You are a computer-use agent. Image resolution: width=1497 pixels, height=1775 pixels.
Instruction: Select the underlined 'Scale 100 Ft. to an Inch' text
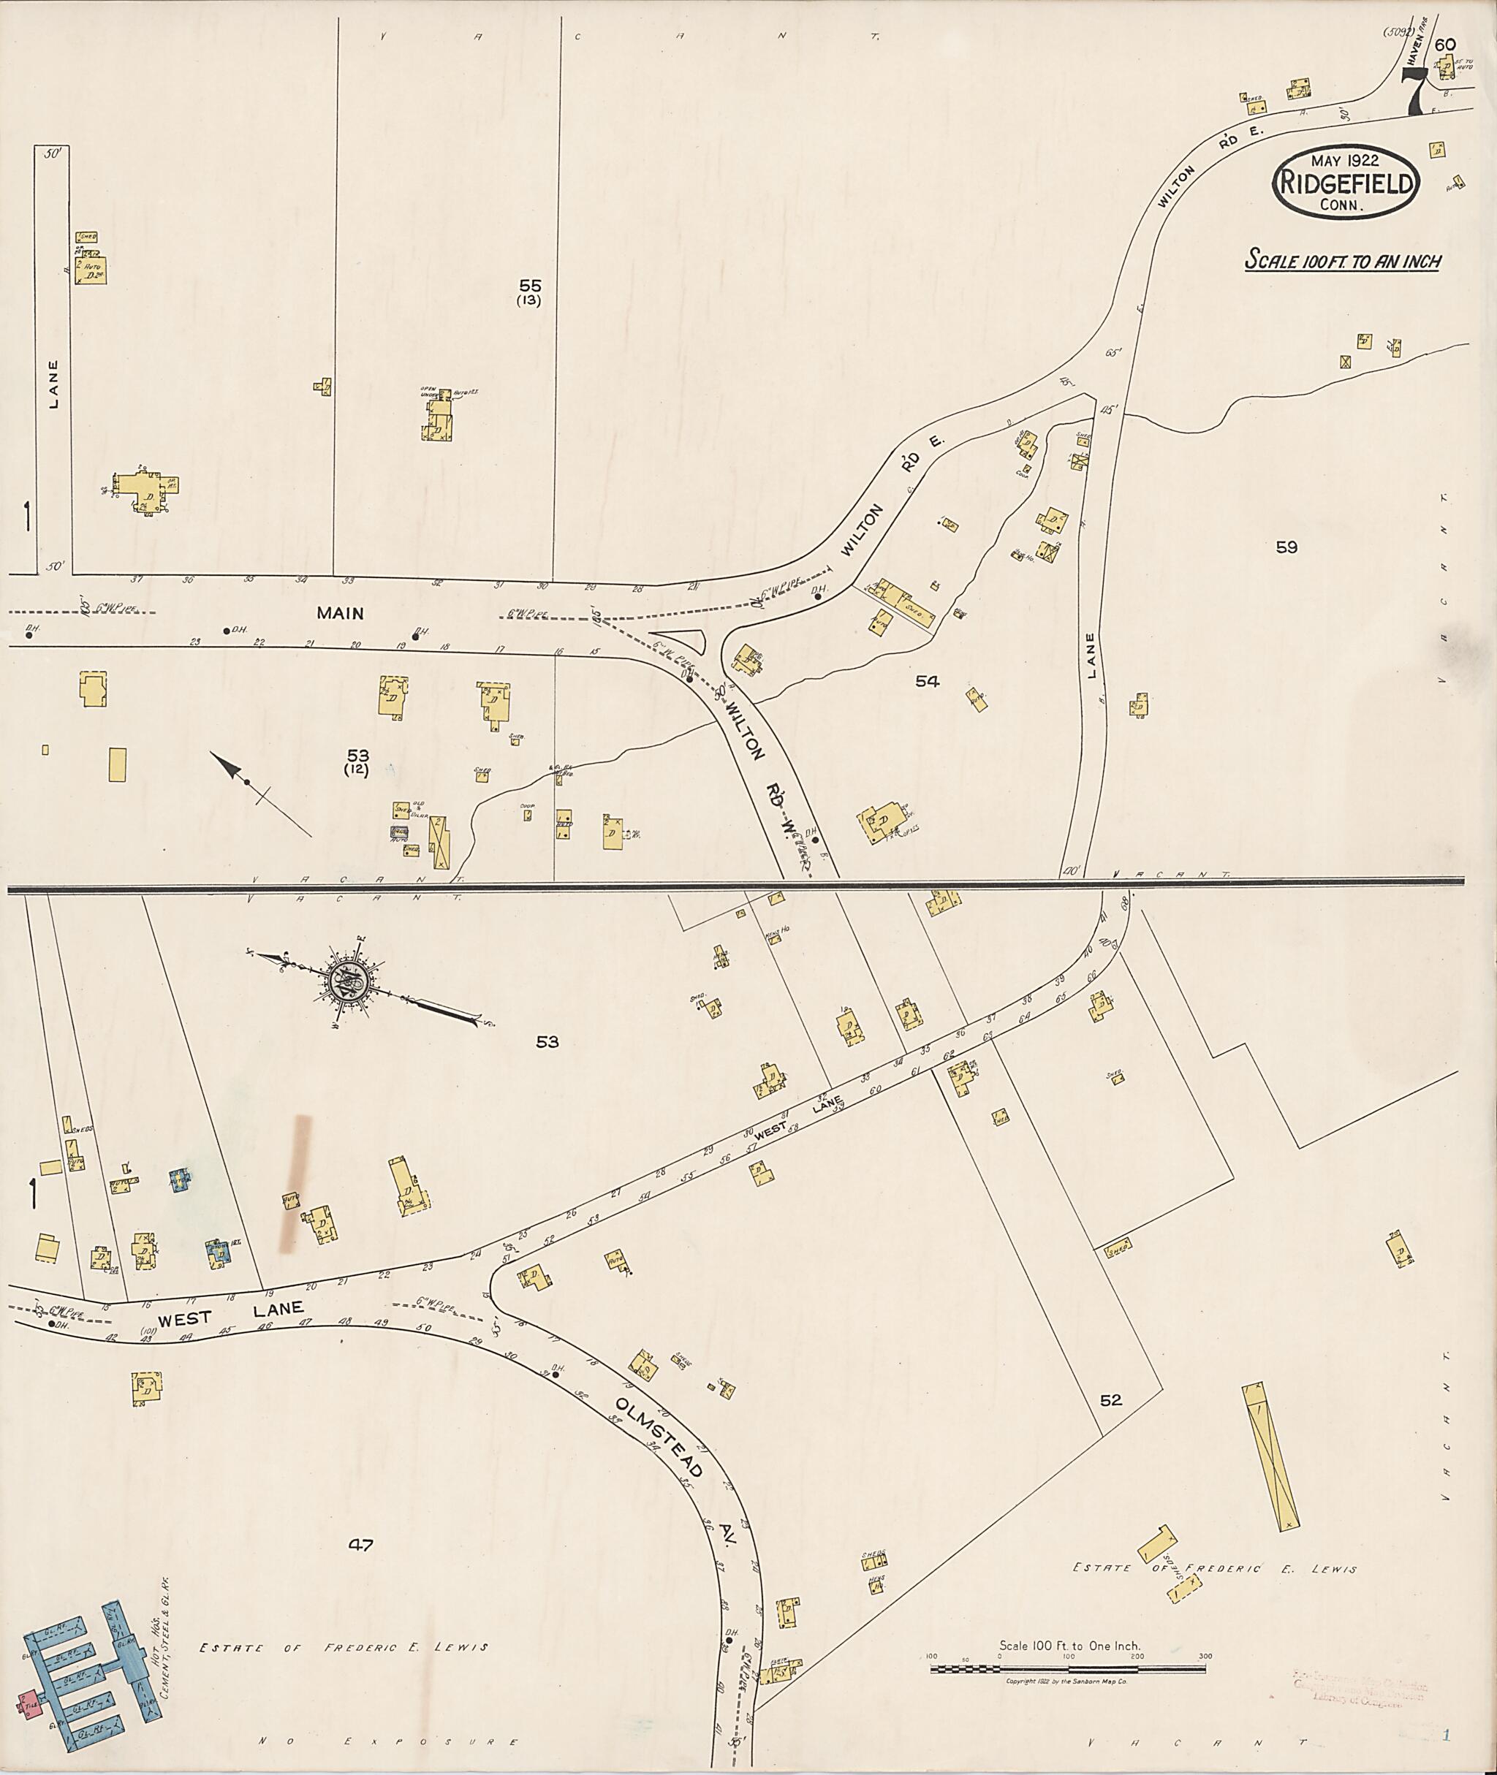[1342, 259]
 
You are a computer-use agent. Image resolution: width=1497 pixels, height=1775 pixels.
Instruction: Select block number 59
[1286, 547]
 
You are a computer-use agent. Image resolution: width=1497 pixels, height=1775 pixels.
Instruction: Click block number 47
[360, 1544]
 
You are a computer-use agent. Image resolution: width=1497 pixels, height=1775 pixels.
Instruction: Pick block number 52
[1111, 1400]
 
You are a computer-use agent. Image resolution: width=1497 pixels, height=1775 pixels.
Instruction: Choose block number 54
[927, 680]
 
